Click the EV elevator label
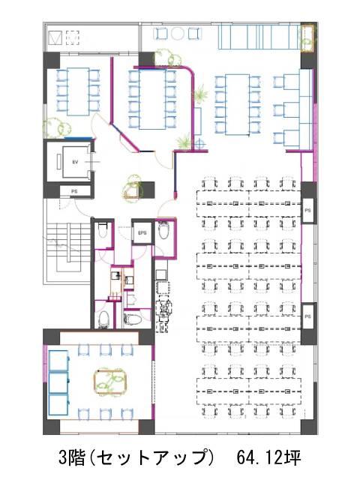pyautogui.click(x=75, y=162)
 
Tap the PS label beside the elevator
pyautogui.click(x=74, y=191)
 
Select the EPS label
pyautogui.click(x=142, y=233)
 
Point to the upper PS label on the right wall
pyautogui.click(x=307, y=210)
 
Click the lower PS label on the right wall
pyautogui.click(x=307, y=316)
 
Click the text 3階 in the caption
pyautogui.click(x=72, y=457)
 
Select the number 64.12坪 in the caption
pyautogui.click(x=268, y=457)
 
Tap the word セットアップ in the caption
pyautogui.click(x=151, y=457)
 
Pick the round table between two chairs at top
pyautogui.click(x=178, y=34)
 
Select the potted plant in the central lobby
pyautogui.click(x=133, y=187)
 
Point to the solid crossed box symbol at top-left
pyautogui.click(x=55, y=37)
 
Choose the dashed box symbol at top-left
pyautogui.click(x=73, y=37)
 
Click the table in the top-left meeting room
pyautogui.click(x=78, y=91)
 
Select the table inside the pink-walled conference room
pyautogui.click(x=152, y=100)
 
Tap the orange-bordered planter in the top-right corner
pyautogui.click(x=307, y=38)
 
